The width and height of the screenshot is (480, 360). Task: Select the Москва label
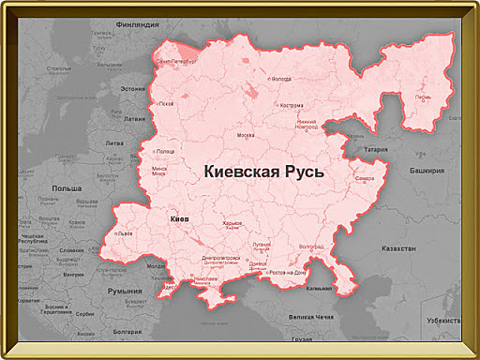pyautogui.click(x=246, y=135)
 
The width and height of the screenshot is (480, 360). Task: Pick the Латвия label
pyautogui.click(x=135, y=119)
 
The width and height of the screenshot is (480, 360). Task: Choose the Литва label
pyautogui.click(x=114, y=142)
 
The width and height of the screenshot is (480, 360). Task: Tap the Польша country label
pyautogui.click(x=67, y=187)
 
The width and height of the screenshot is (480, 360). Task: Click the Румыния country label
pyautogui.click(x=125, y=292)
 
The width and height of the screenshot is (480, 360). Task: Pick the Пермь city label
pyautogui.click(x=424, y=97)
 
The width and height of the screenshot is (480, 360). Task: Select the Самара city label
pyautogui.click(x=365, y=178)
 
